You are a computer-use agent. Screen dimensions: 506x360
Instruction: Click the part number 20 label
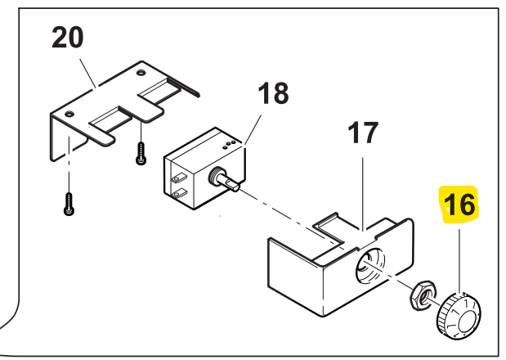(x=68, y=38)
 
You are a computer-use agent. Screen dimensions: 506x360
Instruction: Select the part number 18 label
(x=273, y=93)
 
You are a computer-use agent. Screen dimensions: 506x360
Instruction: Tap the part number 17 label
(x=363, y=133)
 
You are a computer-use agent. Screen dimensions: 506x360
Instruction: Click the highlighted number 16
(x=459, y=205)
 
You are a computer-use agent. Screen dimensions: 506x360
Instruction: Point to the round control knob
(x=459, y=316)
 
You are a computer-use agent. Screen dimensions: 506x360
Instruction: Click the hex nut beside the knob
(x=423, y=295)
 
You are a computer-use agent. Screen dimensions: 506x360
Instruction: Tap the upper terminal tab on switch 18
(x=179, y=178)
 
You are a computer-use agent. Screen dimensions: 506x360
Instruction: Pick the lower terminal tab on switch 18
(x=179, y=193)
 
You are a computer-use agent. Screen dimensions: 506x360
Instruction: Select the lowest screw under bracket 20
(x=69, y=204)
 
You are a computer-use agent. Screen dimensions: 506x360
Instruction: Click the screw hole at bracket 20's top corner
(x=141, y=72)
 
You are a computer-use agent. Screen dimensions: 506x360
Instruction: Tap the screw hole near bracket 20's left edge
(x=69, y=114)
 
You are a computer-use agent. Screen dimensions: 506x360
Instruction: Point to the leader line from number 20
(x=87, y=74)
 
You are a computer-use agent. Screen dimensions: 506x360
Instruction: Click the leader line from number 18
(x=253, y=129)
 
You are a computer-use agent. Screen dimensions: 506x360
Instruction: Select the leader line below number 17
(x=363, y=194)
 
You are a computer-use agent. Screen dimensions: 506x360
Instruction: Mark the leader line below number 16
(x=459, y=261)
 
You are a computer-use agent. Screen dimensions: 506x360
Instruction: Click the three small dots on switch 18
(x=229, y=144)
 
